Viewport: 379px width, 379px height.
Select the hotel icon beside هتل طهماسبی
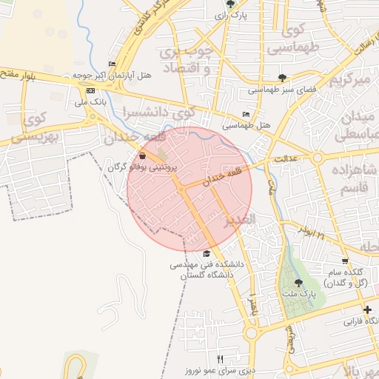[246, 114]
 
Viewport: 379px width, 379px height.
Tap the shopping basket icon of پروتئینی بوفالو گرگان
[142, 156]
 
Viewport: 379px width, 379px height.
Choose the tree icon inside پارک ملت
[298, 283]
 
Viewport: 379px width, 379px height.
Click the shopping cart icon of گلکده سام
[344, 261]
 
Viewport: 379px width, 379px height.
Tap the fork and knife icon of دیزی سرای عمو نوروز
[220, 359]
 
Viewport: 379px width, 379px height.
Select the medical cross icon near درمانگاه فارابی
[367, 309]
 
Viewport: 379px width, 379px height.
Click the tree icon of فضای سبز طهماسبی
[282, 77]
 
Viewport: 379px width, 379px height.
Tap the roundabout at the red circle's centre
[181, 188]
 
